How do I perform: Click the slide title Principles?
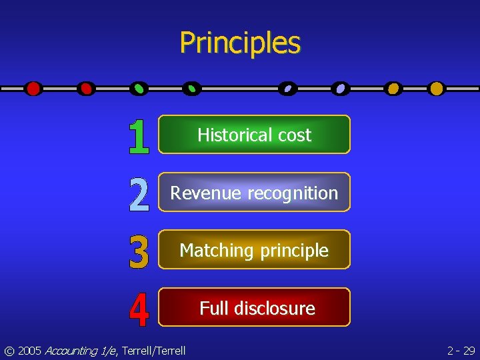click(240, 43)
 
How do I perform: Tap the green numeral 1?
click(138, 137)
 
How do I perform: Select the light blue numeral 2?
click(138, 194)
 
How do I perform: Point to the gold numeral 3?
click(138, 251)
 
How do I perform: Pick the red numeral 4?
click(138, 310)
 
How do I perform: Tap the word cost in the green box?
click(295, 135)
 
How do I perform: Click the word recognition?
click(293, 193)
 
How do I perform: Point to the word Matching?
click(217, 251)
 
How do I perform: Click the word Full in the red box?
click(214, 308)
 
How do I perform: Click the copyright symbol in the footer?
click(9, 351)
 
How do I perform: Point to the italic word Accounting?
click(71, 351)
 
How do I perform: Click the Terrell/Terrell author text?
click(153, 351)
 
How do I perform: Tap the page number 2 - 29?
click(461, 351)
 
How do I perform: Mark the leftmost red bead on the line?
click(33, 88)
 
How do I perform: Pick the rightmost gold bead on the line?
click(436, 88)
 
